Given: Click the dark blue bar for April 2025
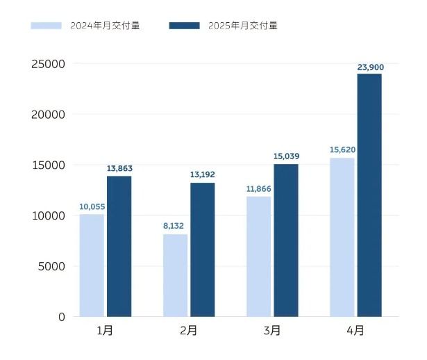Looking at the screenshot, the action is coord(369,195).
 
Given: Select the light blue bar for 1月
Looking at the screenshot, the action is coord(92,265).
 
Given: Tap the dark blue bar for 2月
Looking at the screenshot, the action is coord(202,249).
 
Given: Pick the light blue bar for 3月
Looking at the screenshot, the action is coord(259,256).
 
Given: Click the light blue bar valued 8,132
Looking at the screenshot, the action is coord(176,275).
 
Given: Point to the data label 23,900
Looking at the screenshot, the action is coord(371,67).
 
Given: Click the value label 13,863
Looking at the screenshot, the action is coord(119,168).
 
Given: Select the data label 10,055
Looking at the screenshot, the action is coord(92,207).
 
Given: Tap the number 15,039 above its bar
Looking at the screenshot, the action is coord(287,156).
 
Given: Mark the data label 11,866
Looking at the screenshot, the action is coord(259,189).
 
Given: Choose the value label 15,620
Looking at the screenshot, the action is coord(342,149).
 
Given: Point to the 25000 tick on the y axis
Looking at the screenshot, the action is coord(48,64).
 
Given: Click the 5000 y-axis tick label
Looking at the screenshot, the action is coord(51,266).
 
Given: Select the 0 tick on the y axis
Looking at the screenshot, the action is coord(62,317).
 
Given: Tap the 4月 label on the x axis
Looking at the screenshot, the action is coord(355,331).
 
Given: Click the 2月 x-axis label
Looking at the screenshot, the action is coord(188,331).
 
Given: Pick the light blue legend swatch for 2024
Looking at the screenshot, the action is coord(46,26).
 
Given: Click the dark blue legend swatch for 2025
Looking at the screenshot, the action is coord(185,26).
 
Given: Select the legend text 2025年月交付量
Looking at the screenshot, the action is coord(243,26).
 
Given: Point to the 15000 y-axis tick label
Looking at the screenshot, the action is coord(49,165).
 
